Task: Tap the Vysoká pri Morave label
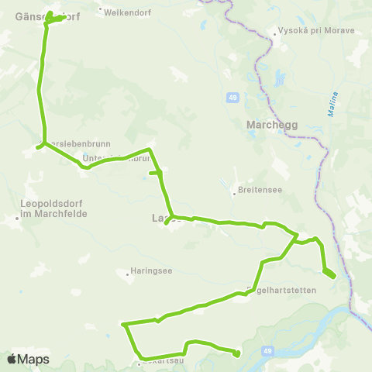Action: click(316, 32)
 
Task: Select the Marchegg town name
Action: click(267, 124)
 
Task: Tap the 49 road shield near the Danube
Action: click(267, 352)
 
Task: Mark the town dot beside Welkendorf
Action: click(100, 10)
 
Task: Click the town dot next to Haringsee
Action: click(127, 273)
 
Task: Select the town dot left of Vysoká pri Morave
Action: click(274, 33)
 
